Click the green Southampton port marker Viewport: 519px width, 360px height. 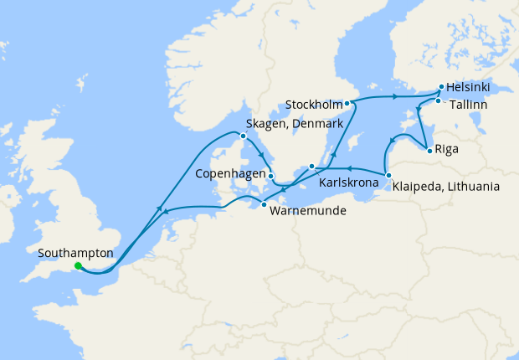coord(78,266)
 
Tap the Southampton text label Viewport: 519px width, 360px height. coord(76,252)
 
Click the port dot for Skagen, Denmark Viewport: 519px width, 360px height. coord(243,136)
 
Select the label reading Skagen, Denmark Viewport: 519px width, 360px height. coord(294,124)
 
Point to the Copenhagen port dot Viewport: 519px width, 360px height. coord(270,175)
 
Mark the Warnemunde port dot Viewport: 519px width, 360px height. coord(264,205)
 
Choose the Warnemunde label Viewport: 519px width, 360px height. coord(307,212)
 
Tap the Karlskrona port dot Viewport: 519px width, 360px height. coord(311,166)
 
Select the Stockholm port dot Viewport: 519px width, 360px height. coord(347,104)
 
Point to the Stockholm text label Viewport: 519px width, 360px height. coord(314,105)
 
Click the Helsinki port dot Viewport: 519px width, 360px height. coord(441,86)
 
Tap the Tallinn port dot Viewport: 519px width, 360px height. coord(437,101)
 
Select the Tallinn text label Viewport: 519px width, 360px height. coord(469,106)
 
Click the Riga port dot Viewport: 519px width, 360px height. coord(429,151)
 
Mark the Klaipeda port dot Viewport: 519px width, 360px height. coord(388,174)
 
